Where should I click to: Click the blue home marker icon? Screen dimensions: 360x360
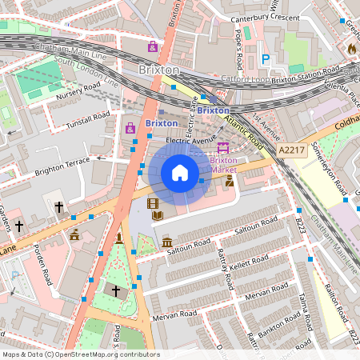(180, 173)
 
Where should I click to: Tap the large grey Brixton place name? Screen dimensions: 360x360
(159, 70)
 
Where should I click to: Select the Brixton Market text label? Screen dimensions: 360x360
(223, 165)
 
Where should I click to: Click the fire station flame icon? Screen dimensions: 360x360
(350, 49)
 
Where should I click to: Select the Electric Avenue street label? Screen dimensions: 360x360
(192, 139)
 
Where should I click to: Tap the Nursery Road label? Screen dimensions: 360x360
(78, 92)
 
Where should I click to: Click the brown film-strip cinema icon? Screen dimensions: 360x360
(153, 204)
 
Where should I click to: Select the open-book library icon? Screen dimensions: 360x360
(158, 215)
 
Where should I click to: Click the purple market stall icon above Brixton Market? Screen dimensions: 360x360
(223, 147)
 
